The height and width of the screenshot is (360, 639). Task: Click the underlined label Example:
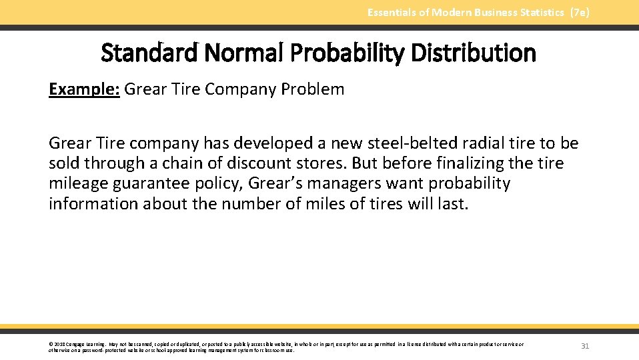pyautogui.click(x=84, y=89)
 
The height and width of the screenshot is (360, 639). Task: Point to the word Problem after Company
pyautogui.click(x=313, y=89)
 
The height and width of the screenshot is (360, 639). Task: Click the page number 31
pyautogui.click(x=585, y=346)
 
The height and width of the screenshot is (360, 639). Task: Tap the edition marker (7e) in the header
pyautogui.click(x=580, y=13)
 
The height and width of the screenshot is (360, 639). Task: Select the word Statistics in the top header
pyautogui.click(x=540, y=13)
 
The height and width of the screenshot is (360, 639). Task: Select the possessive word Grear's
pyautogui.click(x=297, y=183)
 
